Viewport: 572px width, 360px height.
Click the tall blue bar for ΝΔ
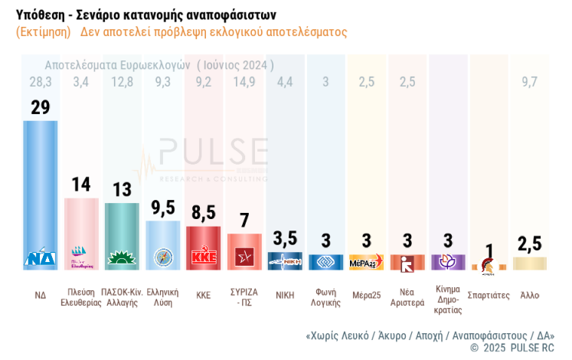[40, 184]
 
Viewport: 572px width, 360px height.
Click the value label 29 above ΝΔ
[40, 107]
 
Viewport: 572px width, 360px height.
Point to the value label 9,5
[162, 208]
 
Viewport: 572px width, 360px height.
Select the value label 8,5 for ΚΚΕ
[203, 212]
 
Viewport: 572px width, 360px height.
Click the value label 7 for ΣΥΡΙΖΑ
[244, 221]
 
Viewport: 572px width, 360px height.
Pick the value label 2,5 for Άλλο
[529, 244]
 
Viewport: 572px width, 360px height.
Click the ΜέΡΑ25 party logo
[366, 263]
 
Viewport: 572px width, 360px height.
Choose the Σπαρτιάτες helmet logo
[488, 265]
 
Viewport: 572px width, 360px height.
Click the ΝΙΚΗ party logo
[285, 261]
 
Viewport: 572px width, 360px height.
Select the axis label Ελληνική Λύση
[162, 297]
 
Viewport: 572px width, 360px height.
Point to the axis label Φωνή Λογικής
[325, 297]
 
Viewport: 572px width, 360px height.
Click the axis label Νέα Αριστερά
[407, 297]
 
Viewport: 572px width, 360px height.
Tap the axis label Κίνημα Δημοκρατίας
[448, 299]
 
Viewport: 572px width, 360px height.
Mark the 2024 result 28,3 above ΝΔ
[40, 82]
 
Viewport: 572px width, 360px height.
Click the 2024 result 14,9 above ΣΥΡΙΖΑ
[244, 82]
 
